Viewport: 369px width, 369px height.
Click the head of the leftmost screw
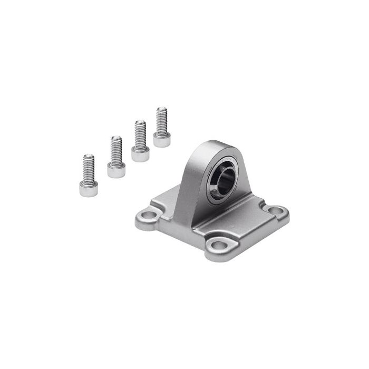pyautogui.click(x=89, y=188)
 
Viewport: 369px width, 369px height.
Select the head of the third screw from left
pyautogui.click(x=140, y=154)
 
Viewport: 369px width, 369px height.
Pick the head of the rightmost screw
pyautogui.click(x=162, y=139)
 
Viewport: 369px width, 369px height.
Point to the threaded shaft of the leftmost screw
pyautogui.click(x=89, y=168)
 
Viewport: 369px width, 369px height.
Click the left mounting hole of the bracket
pyautogui.click(x=149, y=216)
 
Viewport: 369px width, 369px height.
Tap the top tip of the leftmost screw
pyautogui.click(x=89, y=156)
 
